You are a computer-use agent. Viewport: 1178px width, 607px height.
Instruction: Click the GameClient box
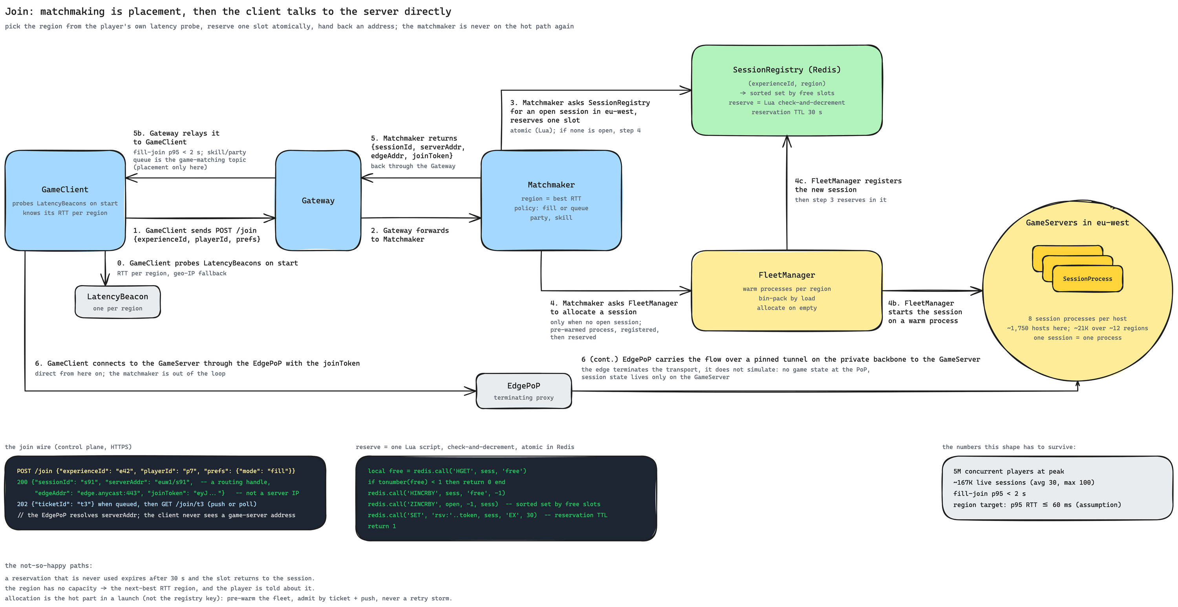coord(65,200)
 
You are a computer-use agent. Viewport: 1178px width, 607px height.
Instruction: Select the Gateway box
coord(318,200)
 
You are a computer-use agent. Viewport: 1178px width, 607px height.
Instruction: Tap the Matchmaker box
coord(551,200)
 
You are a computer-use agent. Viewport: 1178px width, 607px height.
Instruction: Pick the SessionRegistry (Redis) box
coord(787,90)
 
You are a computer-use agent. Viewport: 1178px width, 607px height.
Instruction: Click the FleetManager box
coord(787,290)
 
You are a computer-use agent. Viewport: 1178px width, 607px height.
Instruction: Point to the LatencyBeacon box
coord(117,302)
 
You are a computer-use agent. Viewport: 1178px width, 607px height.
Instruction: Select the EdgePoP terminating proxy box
coord(523,391)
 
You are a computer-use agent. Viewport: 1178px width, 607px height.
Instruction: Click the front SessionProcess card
coord(1087,279)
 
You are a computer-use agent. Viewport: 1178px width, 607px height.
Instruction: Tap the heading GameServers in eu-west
coord(1077,223)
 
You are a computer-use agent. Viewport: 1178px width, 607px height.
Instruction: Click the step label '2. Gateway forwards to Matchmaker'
coord(410,235)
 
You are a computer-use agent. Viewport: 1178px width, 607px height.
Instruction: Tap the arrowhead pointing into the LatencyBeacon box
coord(105,281)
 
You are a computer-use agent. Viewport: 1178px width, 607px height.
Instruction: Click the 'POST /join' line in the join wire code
coord(156,471)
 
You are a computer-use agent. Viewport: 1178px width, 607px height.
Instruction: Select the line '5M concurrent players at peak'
coord(1009,471)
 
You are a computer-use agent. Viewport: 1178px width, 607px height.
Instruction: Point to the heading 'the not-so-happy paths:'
coord(48,565)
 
